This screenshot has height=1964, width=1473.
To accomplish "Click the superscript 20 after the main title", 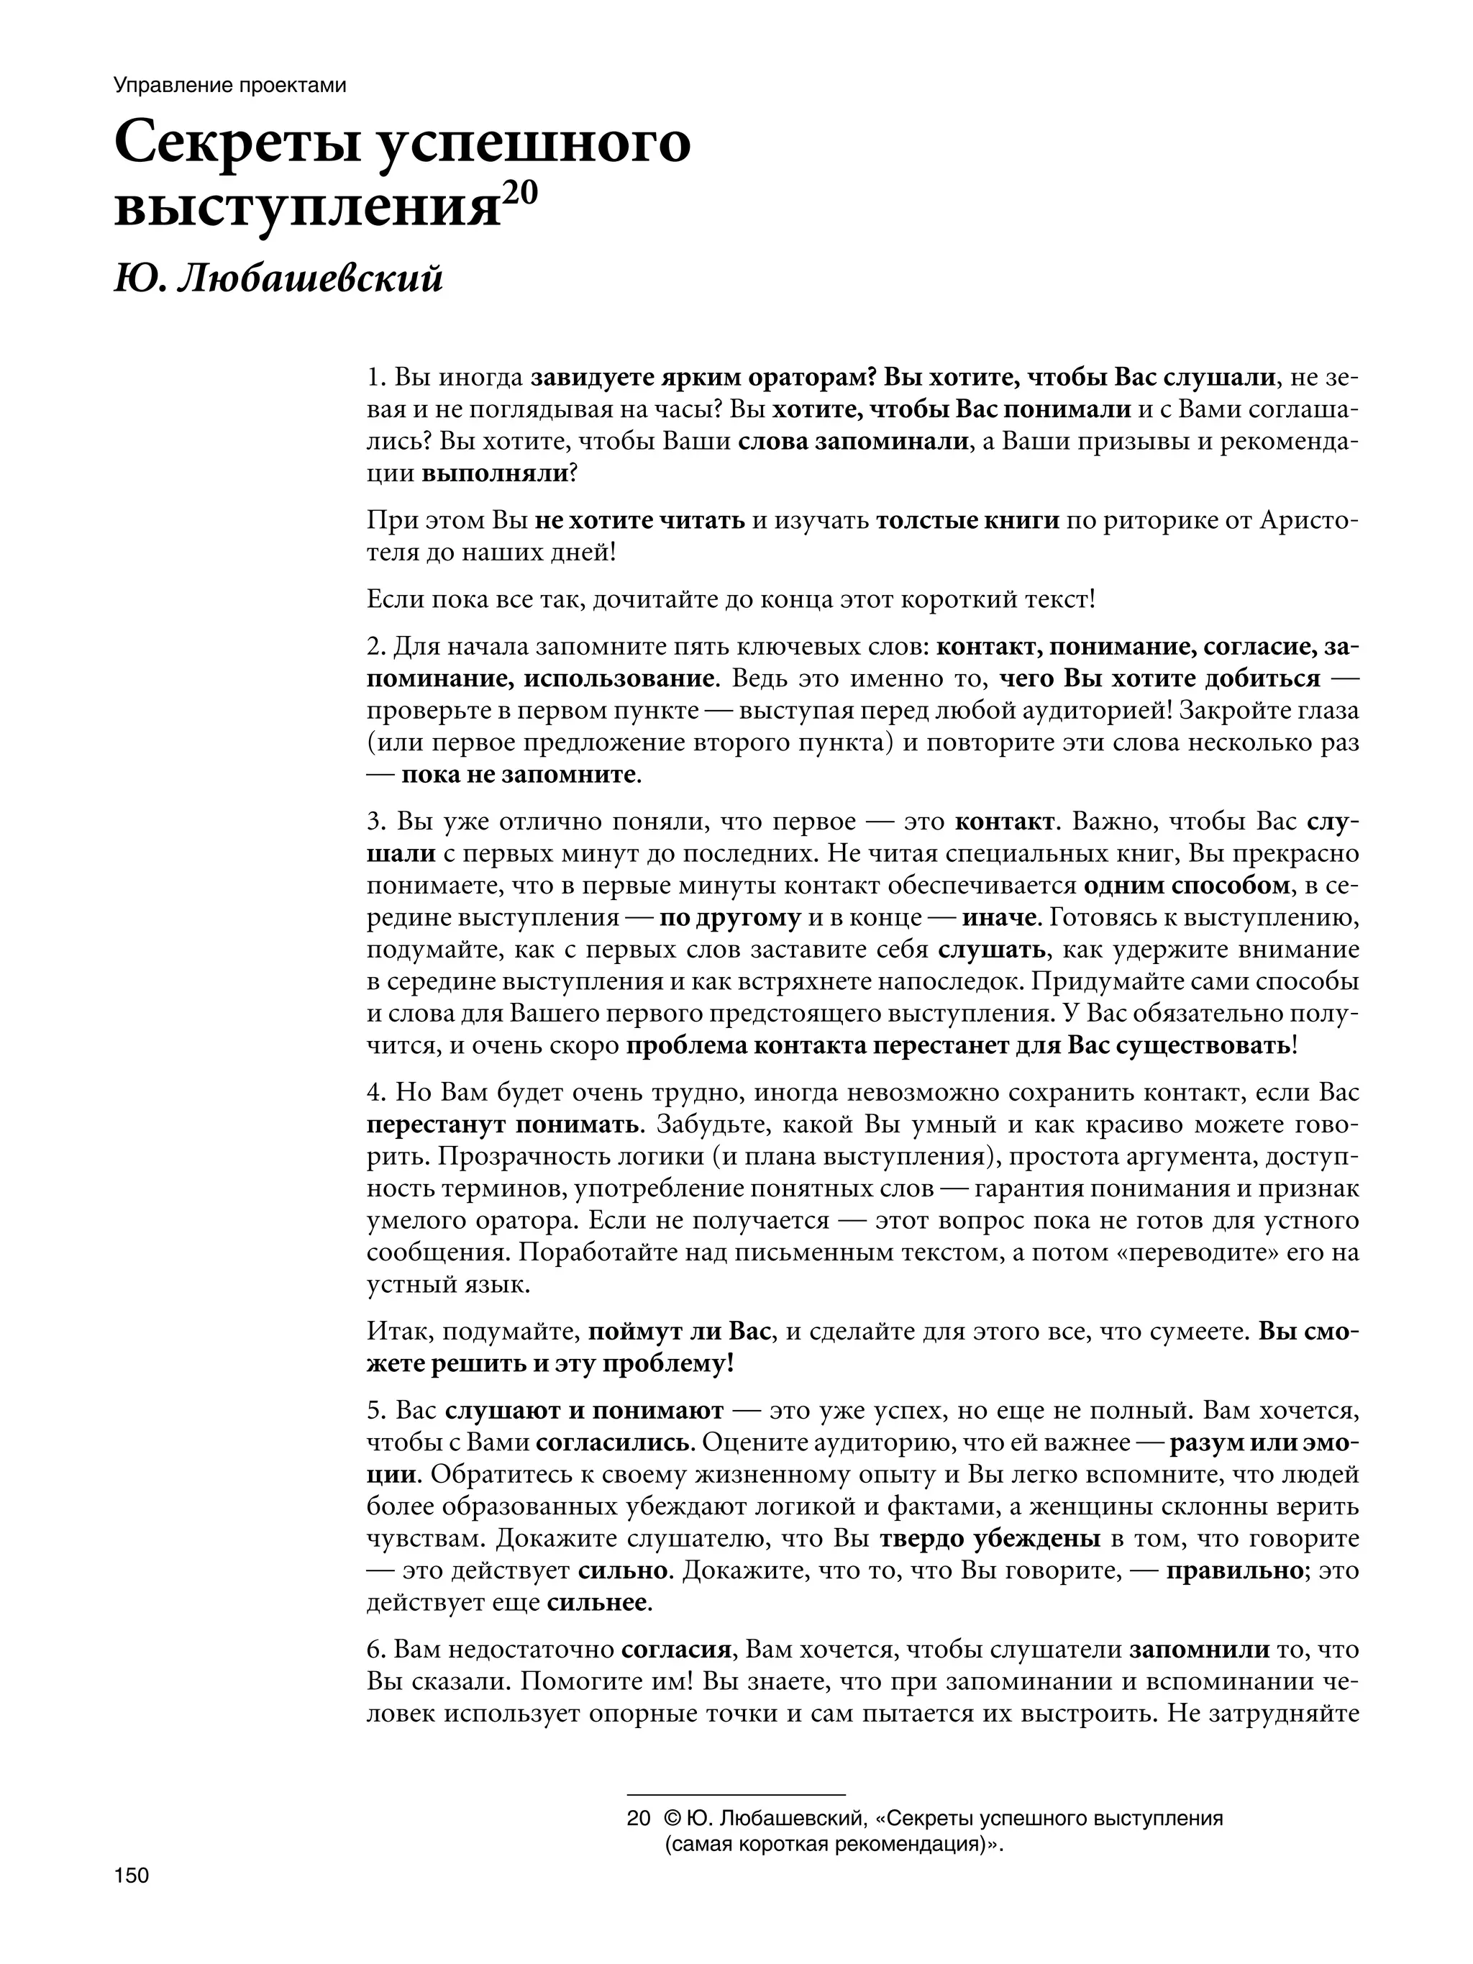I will pyautogui.click(x=519, y=194).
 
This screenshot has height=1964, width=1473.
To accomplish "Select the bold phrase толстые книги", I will pyautogui.click(x=968, y=519).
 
